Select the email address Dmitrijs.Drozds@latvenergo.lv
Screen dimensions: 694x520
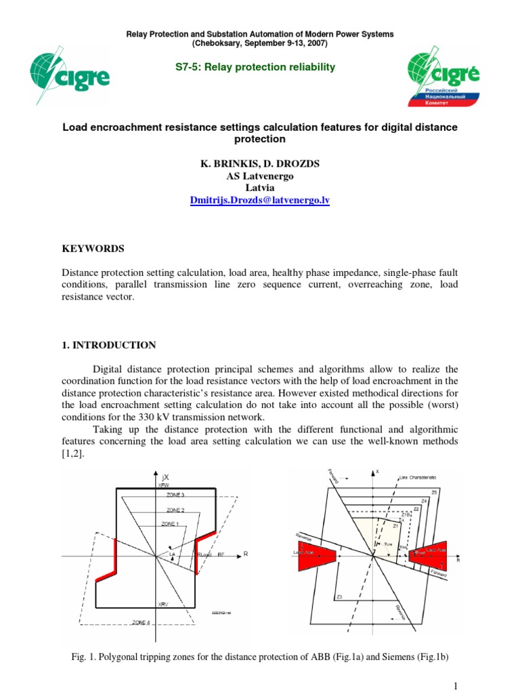point(260,201)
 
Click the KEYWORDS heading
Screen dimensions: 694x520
point(93,249)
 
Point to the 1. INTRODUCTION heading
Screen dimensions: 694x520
point(109,345)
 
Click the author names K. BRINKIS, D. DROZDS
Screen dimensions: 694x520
point(260,163)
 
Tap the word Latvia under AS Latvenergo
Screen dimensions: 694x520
point(260,188)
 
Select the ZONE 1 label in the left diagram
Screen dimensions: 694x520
point(171,524)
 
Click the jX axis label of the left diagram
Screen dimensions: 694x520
point(163,477)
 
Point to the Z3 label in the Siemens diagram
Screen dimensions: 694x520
point(339,596)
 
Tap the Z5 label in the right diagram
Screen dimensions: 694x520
point(433,491)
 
